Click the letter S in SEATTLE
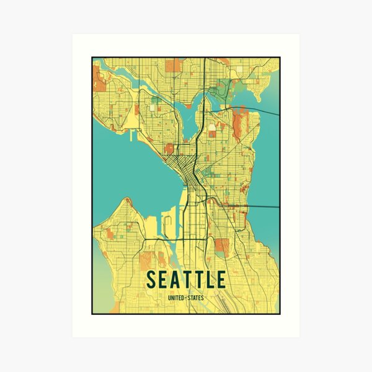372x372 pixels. (x=151, y=280)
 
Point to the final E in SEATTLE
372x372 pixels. (x=221, y=280)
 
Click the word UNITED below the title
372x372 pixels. (x=176, y=298)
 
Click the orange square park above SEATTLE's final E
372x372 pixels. (x=221, y=245)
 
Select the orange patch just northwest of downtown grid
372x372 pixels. (x=169, y=148)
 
